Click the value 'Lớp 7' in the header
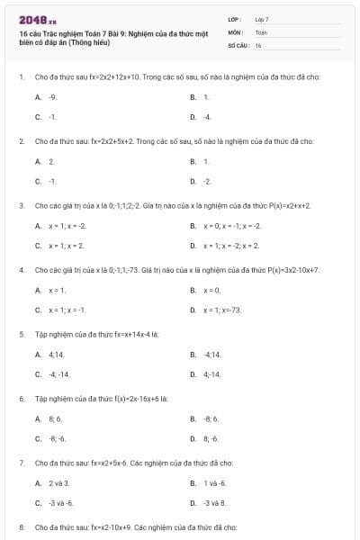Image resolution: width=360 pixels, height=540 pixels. [x=262, y=19]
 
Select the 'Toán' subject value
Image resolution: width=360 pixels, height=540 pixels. [x=261, y=31]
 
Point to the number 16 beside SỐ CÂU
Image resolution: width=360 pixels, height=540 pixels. [x=258, y=44]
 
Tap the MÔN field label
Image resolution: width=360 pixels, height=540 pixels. [x=236, y=31]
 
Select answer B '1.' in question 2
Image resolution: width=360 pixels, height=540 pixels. [x=206, y=161]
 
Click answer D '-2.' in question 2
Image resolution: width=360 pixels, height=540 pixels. [x=207, y=181]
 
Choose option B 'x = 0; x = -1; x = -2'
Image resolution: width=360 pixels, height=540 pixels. [x=232, y=225]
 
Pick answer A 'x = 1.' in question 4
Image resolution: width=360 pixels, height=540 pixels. [x=57, y=290]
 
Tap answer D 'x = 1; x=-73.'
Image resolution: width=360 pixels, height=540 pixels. [x=223, y=310]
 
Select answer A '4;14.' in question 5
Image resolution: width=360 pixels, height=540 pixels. [x=56, y=354]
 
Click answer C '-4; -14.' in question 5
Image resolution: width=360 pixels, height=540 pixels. [x=58, y=373]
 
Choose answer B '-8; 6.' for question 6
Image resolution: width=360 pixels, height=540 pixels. [x=211, y=418]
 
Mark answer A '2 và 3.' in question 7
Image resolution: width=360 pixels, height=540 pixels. [x=58, y=483]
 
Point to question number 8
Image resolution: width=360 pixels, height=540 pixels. [x=21, y=526]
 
